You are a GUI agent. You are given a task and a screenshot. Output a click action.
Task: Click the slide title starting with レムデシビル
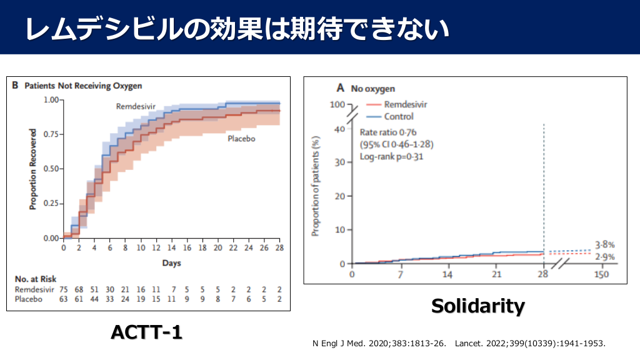pyautogui.click(x=237, y=29)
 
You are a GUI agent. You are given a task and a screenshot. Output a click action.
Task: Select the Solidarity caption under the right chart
pyautogui.click(x=478, y=306)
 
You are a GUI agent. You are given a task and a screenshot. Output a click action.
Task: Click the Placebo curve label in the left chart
pyautogui.click(x=241, y=139)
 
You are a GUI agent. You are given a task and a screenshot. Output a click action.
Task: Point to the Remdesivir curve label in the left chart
pyautogui.click(x=136, y=107)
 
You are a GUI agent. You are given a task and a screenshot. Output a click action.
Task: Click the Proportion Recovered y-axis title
pyautogui.click(x=32, y=169)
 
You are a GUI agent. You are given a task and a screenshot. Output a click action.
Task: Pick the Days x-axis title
pyautogui.click(x=171, y=263)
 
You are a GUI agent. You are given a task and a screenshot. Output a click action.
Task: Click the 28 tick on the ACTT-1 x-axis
pyautogui.click(x=279, y=248)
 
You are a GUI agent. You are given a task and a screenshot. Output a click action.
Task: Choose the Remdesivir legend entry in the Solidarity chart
pyautogui.click(x=406, y=104)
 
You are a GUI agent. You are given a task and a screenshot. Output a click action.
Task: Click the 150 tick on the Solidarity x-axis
pyautogui.click(x=601, y=275)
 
